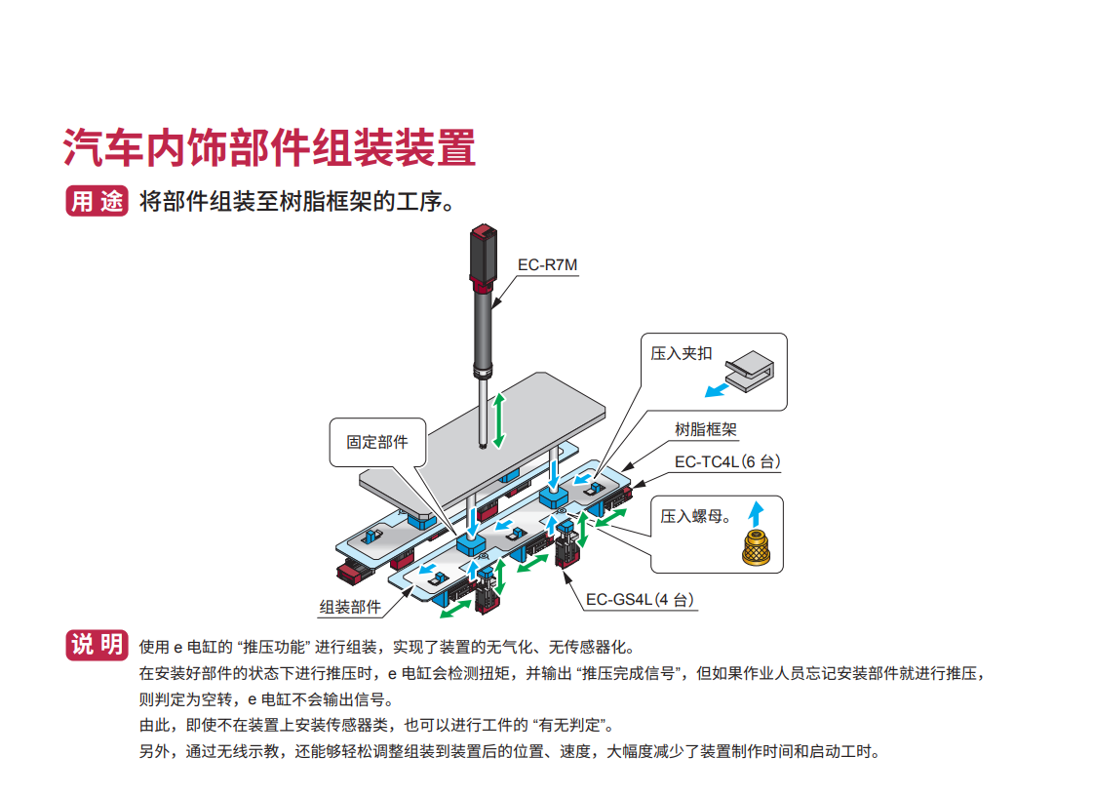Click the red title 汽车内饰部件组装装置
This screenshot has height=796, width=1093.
tap(270, 147)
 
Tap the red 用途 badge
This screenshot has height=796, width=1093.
tap(97, 201)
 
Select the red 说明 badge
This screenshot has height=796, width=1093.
tap(97, 645)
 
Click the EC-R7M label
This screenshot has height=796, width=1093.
tap(547, 264)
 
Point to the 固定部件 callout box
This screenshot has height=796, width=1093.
tap(377, 442)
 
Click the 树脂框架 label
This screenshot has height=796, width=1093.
tap(706, 429)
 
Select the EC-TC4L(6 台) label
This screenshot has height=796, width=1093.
tap(727, 461)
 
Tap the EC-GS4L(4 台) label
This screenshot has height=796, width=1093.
tap(642, 600)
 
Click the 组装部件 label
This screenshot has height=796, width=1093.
tap(350, 607)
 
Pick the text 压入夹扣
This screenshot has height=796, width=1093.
tap(682, 353)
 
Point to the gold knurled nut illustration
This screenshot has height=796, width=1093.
tap(756, 547)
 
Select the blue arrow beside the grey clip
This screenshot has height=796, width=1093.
tap(717, 389)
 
